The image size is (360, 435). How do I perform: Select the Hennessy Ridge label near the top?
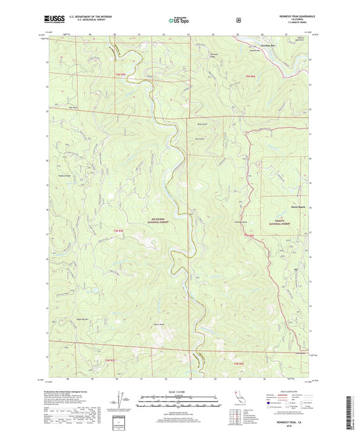(x=215, y=53)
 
